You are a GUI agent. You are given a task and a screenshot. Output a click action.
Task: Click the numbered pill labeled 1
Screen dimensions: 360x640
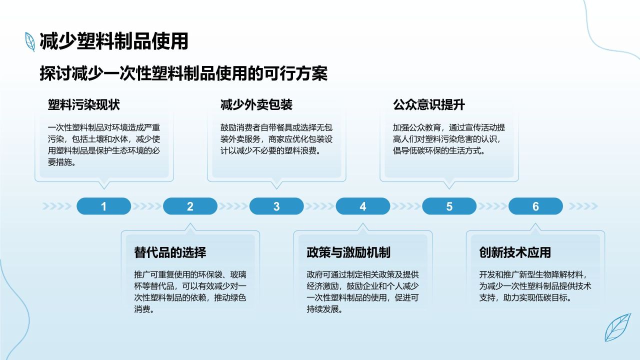[103, 206]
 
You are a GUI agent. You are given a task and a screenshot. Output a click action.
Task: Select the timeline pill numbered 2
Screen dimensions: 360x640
[190, 206]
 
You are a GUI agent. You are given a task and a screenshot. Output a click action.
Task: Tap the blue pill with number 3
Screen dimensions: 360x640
[276, 206]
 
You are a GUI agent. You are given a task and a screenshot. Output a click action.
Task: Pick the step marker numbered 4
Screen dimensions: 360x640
[363, 206]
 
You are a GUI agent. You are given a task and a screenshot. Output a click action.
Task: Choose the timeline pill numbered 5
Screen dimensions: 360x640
[449, 206]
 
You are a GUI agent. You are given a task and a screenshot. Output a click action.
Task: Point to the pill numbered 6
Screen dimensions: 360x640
[535, 206]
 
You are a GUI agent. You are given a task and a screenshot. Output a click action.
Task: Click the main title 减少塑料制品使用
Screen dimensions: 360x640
[114, 41]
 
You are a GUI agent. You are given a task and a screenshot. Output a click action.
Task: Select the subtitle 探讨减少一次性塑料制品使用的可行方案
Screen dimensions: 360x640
[183, 74]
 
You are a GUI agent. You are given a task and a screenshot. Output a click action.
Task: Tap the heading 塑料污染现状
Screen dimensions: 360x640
[84, 105]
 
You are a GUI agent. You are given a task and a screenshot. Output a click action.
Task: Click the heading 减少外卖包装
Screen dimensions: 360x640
[256, 105]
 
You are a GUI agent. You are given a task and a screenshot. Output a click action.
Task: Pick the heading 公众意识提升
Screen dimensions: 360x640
[429, 105]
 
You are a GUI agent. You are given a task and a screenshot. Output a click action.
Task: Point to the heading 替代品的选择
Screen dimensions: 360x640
[170, 252]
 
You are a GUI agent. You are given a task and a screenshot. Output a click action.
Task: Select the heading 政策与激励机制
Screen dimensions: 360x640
[348, 252]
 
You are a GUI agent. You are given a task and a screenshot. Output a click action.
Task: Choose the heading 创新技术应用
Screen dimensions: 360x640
[515, 252]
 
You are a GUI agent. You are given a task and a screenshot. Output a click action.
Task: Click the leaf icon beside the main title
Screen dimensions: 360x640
[30, 41]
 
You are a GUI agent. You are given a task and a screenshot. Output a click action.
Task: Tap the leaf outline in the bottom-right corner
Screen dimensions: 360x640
[617, 327]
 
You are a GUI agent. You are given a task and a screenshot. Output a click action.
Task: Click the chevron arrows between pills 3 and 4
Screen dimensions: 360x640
[320, 206]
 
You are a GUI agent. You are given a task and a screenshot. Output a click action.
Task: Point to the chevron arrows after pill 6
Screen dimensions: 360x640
[582, 206]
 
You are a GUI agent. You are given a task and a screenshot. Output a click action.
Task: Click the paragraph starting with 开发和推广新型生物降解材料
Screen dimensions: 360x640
[535, 286]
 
